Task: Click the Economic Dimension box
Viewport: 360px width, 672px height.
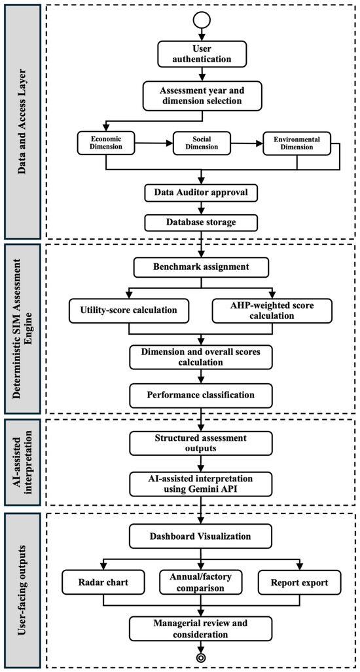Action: (106, 143)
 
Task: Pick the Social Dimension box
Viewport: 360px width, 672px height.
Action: (201, 143)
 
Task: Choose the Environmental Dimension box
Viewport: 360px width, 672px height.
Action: (297, 143)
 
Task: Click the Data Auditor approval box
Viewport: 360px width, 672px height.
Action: (201, 193)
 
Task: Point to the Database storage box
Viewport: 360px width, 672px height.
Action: (201, 223)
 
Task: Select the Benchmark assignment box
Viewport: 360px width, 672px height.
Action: (201, 267)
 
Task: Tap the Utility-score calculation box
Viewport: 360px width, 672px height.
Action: (129, 310)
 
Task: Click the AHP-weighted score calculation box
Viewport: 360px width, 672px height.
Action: (272, 310)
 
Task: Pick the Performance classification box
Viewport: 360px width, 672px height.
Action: (201, 394)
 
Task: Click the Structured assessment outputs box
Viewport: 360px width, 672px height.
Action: (201, 443)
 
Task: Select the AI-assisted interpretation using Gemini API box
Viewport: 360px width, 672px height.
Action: (201, 483)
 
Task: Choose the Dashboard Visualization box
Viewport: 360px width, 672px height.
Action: (201, 536)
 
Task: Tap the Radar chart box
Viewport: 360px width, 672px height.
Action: (103, 582)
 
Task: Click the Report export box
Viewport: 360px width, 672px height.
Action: (300, 582)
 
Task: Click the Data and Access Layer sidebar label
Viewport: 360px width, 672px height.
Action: (22, 121)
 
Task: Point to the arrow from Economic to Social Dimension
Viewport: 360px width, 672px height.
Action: (154, 143)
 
